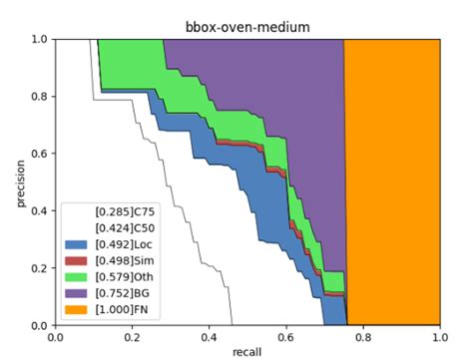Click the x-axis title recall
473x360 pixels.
(246, 352)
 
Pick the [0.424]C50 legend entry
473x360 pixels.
(119, 227)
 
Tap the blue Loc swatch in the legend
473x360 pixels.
(75, 242)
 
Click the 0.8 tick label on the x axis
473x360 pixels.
(362, 337)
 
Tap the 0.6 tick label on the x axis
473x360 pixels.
(285, 337)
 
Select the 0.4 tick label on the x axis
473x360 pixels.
(209, 337)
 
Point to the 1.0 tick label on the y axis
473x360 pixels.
(38, 40)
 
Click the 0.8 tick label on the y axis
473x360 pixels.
(38, 97)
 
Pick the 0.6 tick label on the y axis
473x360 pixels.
(38, 155)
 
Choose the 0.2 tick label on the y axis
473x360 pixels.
(38, 268)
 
